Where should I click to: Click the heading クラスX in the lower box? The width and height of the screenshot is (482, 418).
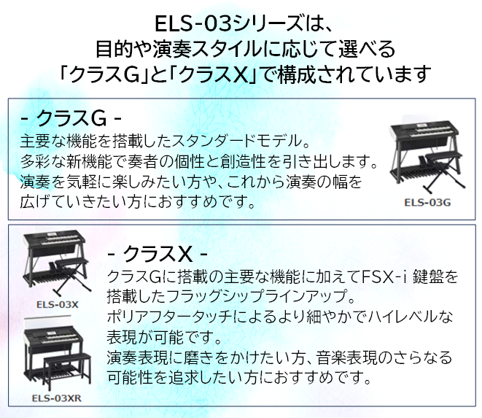157,254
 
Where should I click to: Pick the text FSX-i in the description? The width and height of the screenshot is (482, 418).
384,277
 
